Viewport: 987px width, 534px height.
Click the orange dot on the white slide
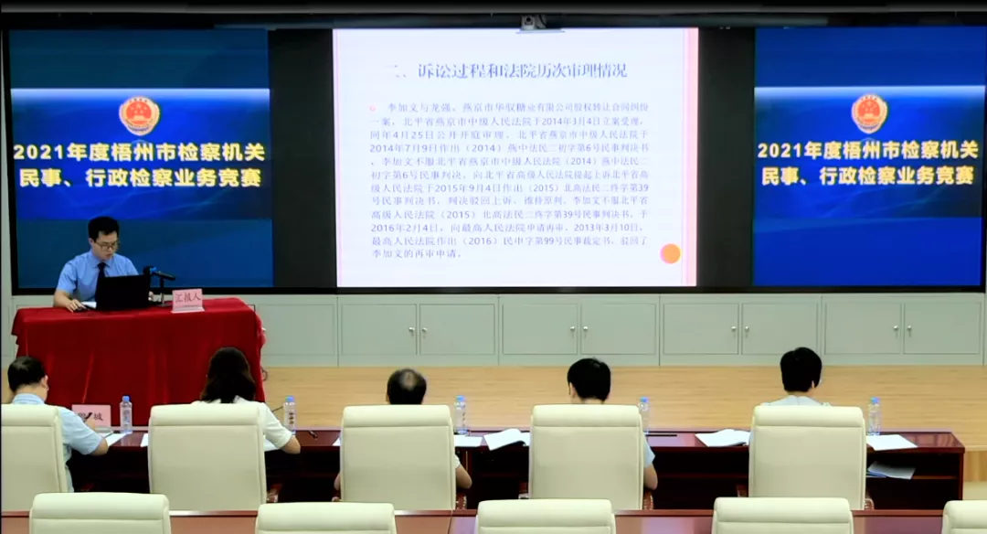[x=670, y=253]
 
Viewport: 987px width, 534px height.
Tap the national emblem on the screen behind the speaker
[x=139, y=115]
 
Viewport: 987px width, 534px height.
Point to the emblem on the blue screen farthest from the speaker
[x=869, y=113]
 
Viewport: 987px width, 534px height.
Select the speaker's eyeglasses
[x=105, y=244]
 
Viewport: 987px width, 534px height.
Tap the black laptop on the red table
[x=123, y=292]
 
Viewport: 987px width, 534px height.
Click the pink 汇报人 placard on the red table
[x=187, y=301]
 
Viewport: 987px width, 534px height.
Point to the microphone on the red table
[x=157, y=274]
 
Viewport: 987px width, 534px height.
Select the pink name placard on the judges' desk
[x=90, y=416]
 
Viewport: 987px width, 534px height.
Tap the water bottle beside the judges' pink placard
[x=126, y=414]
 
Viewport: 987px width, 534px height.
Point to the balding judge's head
[x=406, y=387]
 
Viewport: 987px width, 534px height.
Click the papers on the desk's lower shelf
[x=890, y=470]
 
